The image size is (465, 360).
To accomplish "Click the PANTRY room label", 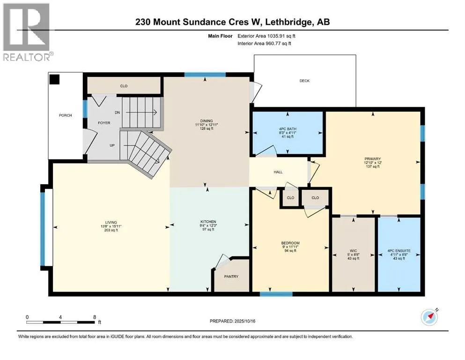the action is click(x=231, y=276).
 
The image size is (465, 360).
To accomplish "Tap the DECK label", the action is click(x=304, y=81).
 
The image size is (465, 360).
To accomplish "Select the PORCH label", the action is click(x=65, y=115).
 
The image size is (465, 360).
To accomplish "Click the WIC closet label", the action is click(x=353, y=251).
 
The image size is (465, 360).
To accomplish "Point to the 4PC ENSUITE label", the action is click(x=399, y=251).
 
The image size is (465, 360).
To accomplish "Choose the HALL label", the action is click(x=278, y=172).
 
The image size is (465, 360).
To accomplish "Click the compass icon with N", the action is click(x=429, y=317).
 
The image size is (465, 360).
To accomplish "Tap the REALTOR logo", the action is click(x=28, y=32).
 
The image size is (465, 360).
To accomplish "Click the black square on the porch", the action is click(x=55, y=79).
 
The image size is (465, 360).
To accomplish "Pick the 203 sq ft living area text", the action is click(x=111, y=230).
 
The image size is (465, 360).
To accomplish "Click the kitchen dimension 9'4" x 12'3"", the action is click(x=208, y=225).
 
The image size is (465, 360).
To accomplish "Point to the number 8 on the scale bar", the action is click(x=95, y=317).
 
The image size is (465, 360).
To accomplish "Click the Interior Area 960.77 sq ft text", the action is click(x=264, y=43).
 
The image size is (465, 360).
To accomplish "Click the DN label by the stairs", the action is click(x=117, y=112).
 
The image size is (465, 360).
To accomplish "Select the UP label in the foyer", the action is click(x=112, y=145).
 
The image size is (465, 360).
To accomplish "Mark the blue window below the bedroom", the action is click(x=276, y=294).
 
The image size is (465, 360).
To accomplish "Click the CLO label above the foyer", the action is click(x=124, y=86).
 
